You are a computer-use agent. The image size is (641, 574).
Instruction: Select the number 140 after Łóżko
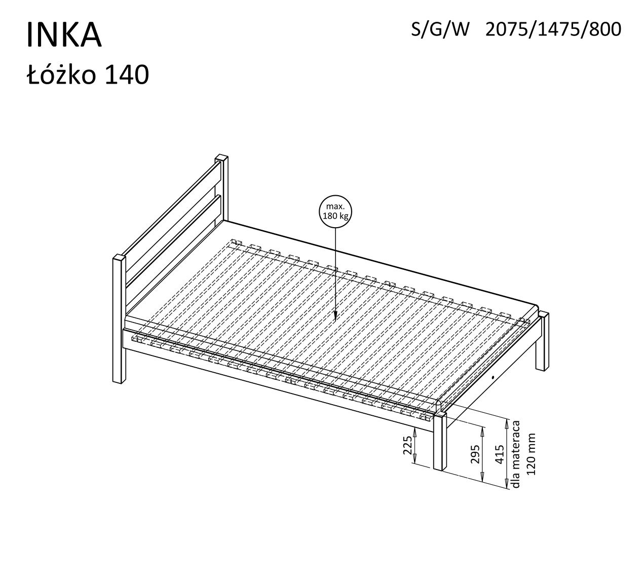127,75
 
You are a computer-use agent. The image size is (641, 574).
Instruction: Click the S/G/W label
440,30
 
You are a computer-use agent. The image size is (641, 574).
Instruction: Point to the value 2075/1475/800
553,30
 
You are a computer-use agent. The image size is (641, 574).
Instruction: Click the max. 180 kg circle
335,211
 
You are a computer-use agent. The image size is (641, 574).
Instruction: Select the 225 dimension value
407,445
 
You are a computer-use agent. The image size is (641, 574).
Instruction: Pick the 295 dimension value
475,454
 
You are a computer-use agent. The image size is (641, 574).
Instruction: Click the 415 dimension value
499,454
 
